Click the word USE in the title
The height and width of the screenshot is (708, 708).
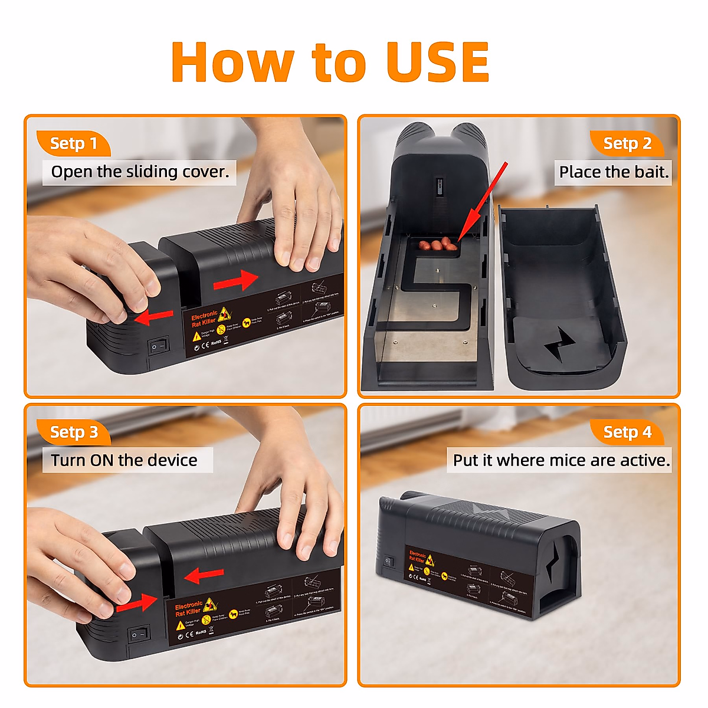(x=438, y=63)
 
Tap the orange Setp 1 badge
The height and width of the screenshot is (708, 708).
(x=73, y=143)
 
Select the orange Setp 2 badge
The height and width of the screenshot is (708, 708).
(x=627, y=143)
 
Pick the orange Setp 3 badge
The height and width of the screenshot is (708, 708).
(x=74, y=432)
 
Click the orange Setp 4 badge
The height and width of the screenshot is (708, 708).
(x=627, y=432)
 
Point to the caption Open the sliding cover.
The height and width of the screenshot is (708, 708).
(x=140, y=172)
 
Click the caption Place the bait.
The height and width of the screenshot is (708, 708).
(x=614, y=172)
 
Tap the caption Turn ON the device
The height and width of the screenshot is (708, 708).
(x=124, y=460)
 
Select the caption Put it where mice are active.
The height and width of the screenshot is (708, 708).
(x=561, y=460)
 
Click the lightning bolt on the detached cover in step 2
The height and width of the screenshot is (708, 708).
(x=559, y=346)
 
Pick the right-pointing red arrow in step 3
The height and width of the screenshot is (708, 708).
(x=137, y=603)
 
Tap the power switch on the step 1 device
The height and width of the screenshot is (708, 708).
(x=158, y=345)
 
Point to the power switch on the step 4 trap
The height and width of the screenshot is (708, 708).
(x=388, y=562)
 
